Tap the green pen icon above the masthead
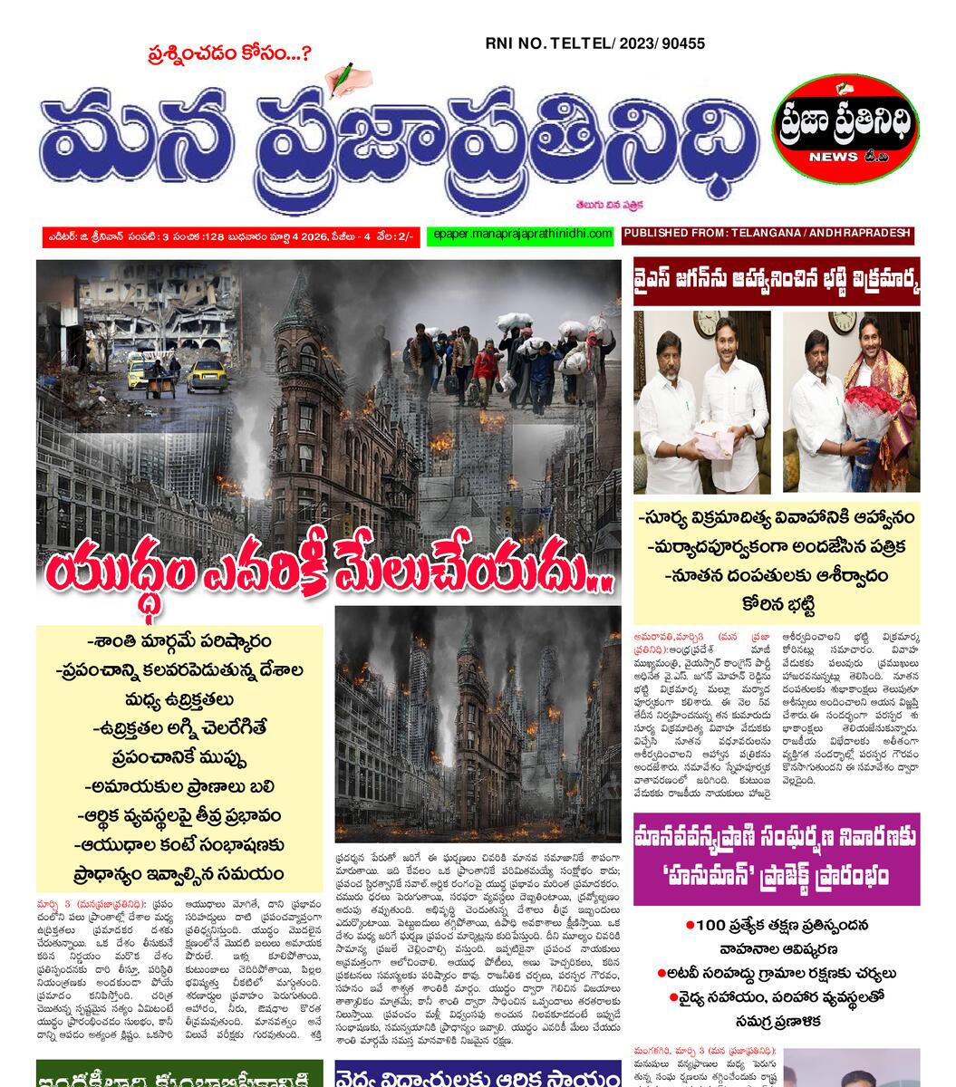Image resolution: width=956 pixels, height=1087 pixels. pos(343,79)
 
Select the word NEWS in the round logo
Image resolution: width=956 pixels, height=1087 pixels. pos(835,156)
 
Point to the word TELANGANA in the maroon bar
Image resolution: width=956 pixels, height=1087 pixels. pos(767,234)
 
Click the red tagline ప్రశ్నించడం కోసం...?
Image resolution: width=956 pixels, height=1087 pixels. pos(228,54)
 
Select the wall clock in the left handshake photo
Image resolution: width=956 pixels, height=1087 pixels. pos(707,323)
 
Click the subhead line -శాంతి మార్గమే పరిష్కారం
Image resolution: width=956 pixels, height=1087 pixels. pos(179,640)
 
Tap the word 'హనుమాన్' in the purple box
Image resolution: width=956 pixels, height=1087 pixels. pos(687,877)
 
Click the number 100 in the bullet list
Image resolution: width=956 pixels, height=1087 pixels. pos(712,926)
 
